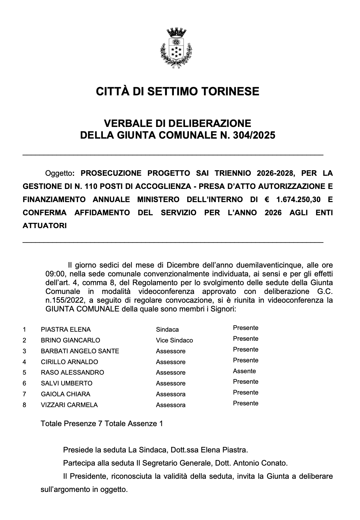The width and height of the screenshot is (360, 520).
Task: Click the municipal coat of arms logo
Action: tap(176, 48)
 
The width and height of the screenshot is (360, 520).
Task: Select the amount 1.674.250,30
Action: tap(298, 200)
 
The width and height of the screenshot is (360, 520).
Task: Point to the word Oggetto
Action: tap(58, 173)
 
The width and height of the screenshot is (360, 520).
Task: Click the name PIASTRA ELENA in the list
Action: tap(66, 330)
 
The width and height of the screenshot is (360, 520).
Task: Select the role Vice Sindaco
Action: tap(174, 340)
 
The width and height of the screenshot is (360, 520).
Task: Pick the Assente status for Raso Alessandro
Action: tap(244, 371)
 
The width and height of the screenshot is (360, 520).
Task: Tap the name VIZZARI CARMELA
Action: tap(69, 405)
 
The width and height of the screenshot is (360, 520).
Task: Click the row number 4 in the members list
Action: tap(24, 362)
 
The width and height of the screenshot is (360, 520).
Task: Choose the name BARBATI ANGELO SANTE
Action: tap(80, 351)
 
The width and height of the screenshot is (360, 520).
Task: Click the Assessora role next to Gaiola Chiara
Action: tap(171, 394)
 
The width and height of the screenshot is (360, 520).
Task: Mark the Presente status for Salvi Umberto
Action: tap(245, 382)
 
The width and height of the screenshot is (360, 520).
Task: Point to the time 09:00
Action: tap(54, 274)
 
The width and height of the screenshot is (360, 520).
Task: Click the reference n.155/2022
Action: tap(64, 301)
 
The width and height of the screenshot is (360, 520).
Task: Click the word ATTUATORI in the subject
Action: tap(45, 226)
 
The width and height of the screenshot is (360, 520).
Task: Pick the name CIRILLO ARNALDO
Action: tap(69, 362)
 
